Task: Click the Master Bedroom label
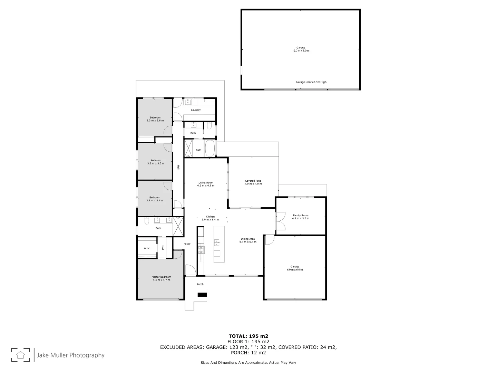(161, 277)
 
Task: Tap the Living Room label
(206, 183)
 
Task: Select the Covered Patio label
(253, 181)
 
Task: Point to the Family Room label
(301, 215)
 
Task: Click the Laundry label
(196, 110)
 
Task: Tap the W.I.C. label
(147, 248)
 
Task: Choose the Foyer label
(187, 244)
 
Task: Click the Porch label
(200, 284)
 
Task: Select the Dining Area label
(247, 239)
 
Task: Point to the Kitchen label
(210, 217)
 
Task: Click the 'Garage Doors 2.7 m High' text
(311, 82)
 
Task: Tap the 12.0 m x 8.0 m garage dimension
(301, 51)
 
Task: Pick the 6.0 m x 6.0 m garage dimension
(294, 269)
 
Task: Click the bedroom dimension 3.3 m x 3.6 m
(155, 121)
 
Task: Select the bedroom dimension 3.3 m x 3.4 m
(155, 200)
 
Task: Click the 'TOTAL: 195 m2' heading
(248, 336)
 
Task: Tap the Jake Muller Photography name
(70, 355)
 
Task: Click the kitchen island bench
(219, 244)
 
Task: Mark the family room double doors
(280, 221)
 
